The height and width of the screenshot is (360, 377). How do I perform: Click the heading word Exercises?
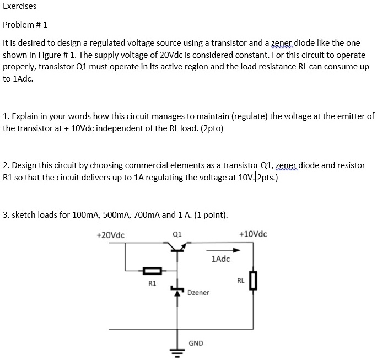tap(20, 6)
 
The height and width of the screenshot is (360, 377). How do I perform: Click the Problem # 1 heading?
tap(25, 25)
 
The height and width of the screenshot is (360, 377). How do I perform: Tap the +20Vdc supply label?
tap(110, 235)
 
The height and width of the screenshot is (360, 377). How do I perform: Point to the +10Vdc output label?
tap(253, 234)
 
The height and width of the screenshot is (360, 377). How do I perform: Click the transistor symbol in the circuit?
tap(177, 250)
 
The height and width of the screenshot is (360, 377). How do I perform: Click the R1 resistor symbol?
tap(152, 271)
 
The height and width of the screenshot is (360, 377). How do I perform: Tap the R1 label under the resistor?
tap(152, 283)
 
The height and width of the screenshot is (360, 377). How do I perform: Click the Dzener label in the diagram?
tap(198, 293)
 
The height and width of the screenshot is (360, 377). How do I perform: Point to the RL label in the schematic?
tap(241, 281)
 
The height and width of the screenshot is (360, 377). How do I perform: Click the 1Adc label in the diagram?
tap(220, 259)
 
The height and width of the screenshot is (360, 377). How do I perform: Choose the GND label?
tap(196, 343)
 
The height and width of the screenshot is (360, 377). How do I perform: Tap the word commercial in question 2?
tap(142, 165)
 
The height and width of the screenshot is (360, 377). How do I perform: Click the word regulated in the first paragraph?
tap(91, 42)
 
